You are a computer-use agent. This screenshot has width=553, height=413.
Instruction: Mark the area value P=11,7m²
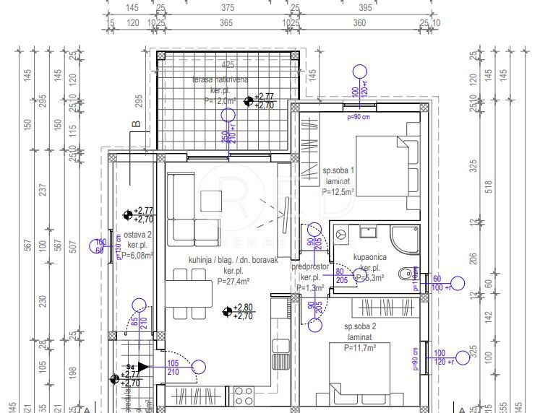[x=359, y=347]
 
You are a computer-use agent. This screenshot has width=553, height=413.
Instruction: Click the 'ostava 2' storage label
[x=136, y=235]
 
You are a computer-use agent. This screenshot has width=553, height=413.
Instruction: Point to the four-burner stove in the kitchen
[x=244, y=396]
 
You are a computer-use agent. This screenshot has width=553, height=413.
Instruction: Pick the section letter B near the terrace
[x=136, y=124]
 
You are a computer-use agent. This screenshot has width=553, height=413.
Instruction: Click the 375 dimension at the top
[x=227, y=8]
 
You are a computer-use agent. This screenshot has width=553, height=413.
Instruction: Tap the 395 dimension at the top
[x=364, y=8]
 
